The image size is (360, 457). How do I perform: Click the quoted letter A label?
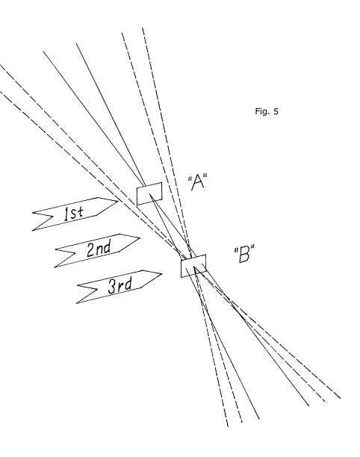197,182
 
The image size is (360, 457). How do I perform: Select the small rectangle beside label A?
149,194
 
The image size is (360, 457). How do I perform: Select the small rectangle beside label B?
193,266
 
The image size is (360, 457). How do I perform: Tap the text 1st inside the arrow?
74,213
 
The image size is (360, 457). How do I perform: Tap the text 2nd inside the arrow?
99,249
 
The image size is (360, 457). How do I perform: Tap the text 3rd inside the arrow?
120,285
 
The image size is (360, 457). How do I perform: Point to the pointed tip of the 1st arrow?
118,201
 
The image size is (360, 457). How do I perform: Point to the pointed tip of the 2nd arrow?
140,237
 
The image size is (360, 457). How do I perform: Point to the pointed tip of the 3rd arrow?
162,273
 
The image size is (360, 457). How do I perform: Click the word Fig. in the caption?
262,111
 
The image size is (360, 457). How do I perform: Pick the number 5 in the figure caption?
276,111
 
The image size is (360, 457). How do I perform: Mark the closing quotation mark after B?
252,249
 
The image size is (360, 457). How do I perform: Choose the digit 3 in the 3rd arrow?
112,287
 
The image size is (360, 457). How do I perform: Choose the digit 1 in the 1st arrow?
66,214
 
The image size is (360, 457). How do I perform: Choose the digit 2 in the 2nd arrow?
91,250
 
